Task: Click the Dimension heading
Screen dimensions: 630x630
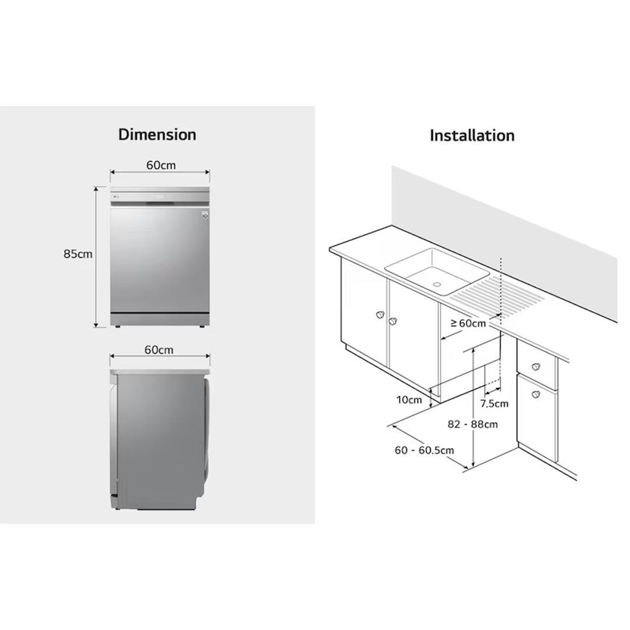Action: click(x=157, y=135)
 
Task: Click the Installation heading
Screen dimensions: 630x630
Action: click(x=472, y=135)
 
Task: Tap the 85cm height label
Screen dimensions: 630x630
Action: click(x=78, y=254)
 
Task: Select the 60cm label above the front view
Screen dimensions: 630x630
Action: click(x=161, y=165)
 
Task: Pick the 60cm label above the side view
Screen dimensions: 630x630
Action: click(x=159, y=350)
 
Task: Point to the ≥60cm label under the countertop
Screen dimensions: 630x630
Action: click(x=468, y=323)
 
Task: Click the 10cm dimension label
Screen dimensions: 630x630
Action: click(x=409, y=400)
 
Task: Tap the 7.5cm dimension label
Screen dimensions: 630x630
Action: click(x=494, y=404)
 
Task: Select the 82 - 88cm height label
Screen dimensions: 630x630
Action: click(x=473, y=424)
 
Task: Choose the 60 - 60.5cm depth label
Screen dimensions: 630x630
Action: click(x=424, y=450)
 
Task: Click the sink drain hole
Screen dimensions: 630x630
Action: click(x=437, y=284)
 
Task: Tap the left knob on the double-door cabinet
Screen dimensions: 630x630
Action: click(x=380, y=314)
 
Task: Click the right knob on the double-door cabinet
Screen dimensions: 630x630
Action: click(x=393, y=321)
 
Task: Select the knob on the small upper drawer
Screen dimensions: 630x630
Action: click(x=535, y=367)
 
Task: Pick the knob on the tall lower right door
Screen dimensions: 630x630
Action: click(x=535, y=394)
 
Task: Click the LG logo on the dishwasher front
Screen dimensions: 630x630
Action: click(x=117, y=197)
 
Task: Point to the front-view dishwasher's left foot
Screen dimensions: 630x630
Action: click(x=117, y=327)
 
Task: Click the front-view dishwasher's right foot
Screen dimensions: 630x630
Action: click(x=202, y=327)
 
